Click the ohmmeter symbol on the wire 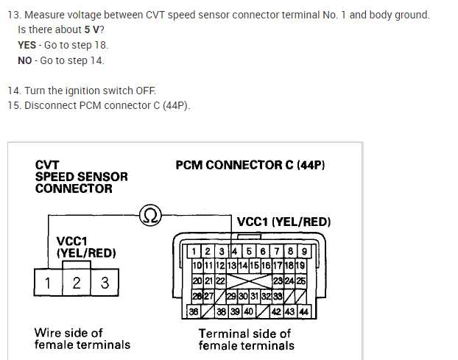(150, 215)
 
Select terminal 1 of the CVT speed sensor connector (47, 283)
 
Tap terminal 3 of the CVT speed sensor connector (105, 283)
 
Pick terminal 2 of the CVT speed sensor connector (76, 283)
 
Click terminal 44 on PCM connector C (303, 311)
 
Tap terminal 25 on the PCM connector (301, 280)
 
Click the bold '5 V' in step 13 (93, 30)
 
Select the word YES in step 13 (27, 46)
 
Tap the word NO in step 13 (25, 60)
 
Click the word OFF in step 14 (144, 91)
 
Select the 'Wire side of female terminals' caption (82, 339)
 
